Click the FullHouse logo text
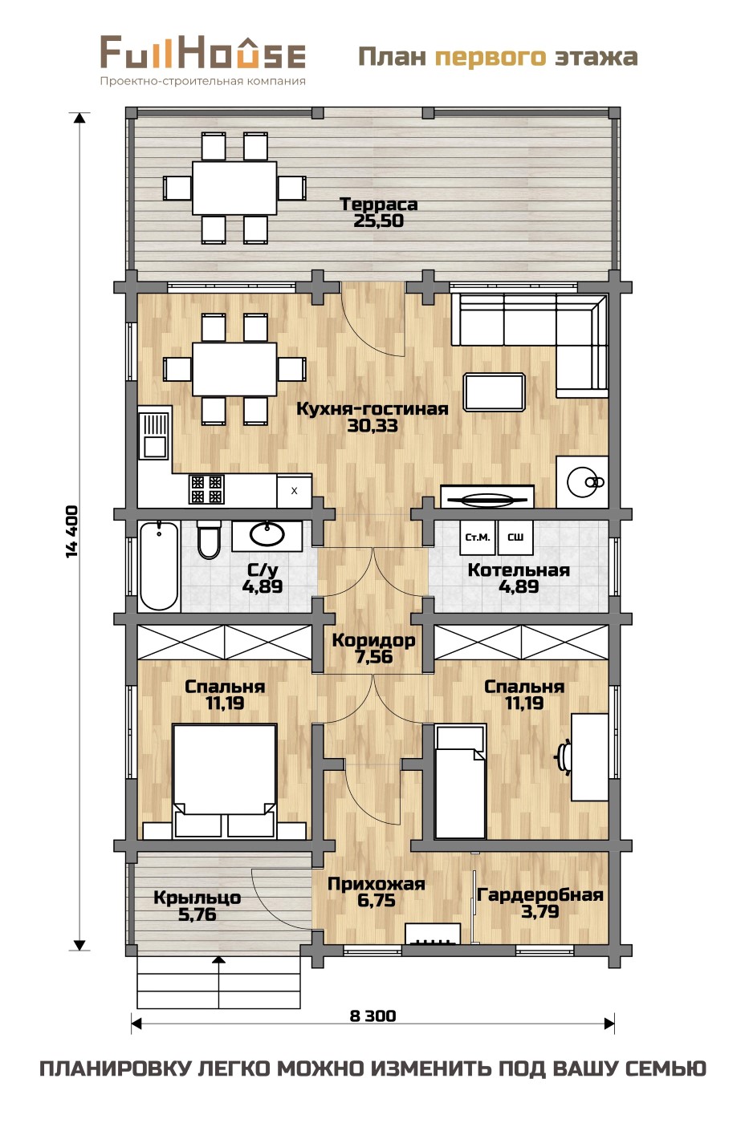[202, 51]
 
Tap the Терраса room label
[379, 204]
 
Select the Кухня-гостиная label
[372, 408]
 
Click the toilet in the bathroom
[208, 539]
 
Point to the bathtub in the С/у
[159, 566]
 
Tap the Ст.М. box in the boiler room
[477, 537]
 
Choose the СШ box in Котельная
[515, 537]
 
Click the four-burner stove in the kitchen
[206, 489]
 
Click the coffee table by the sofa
[495, 391]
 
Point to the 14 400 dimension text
[71, 531]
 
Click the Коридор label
[374, 640]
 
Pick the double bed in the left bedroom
[224, 780]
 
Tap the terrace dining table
[234, 188]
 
